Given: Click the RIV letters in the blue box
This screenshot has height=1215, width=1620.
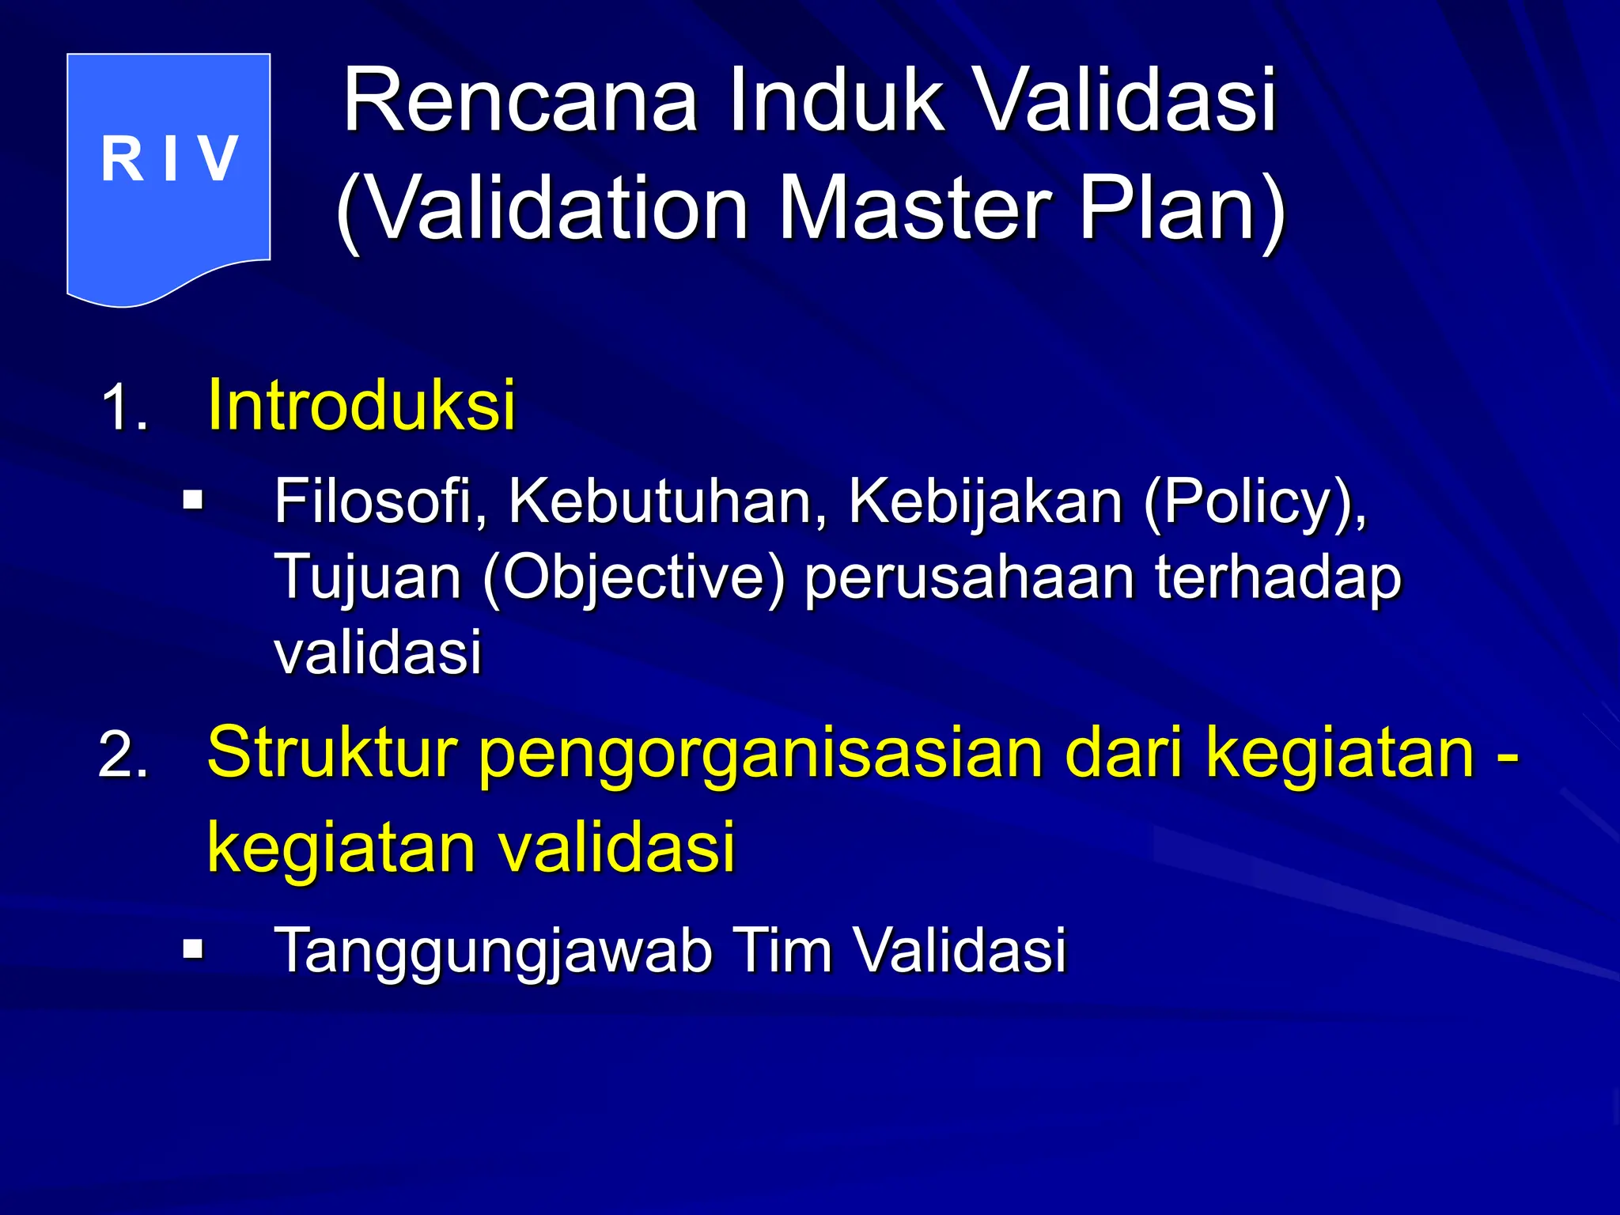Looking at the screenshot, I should tap(169, 159).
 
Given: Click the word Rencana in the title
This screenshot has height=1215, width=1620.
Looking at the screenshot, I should tap(520, 101).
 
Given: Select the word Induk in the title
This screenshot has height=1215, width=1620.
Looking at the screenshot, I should tap(836, 101).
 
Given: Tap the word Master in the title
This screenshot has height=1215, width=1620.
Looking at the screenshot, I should tap(914, 209).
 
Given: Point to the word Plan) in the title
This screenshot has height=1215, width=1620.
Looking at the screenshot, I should tap(1182, 209).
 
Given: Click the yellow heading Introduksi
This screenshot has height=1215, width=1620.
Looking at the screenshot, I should tap(361, 405).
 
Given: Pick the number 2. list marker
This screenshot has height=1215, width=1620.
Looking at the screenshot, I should tap(123, 756).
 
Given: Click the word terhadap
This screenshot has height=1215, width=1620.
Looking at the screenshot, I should tap(1277, 577).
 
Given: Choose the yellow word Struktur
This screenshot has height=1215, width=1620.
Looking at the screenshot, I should tap(332, 753).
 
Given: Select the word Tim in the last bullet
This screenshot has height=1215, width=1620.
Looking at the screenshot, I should tap(783, 949).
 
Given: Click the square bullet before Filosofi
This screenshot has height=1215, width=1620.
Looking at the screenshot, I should tap(192, 501).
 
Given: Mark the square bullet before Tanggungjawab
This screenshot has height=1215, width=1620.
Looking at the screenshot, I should tap(192, 948).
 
